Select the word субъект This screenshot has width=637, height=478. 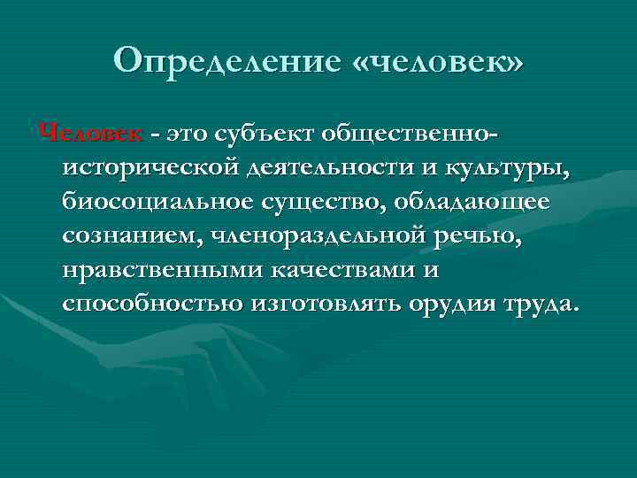(x=268, y=133)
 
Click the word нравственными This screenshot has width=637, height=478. (x=151, y=271)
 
